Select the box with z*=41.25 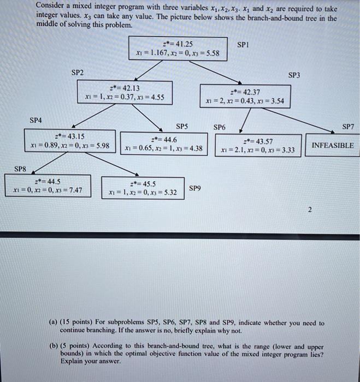pyautogui.click(x=178, y=48)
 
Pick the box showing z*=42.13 pyautogui.click(x=125, y=93)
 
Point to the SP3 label pyautogui.click(x=294, y=75)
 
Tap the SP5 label pyautogui.click(x=182, y=126)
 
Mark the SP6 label pyautogui.click(x=219, y=127)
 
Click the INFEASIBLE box pyautogui.click(x=332, y=146)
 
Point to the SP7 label pyautogui.click(x=348, y=127)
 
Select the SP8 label pyautogui.click(x=21, y=169)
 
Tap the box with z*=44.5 pyautogui.click(x=48, y=186)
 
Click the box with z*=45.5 pyautogui.click(x=142, y=188)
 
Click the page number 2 pyautogui.click(x=309, y=210)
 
